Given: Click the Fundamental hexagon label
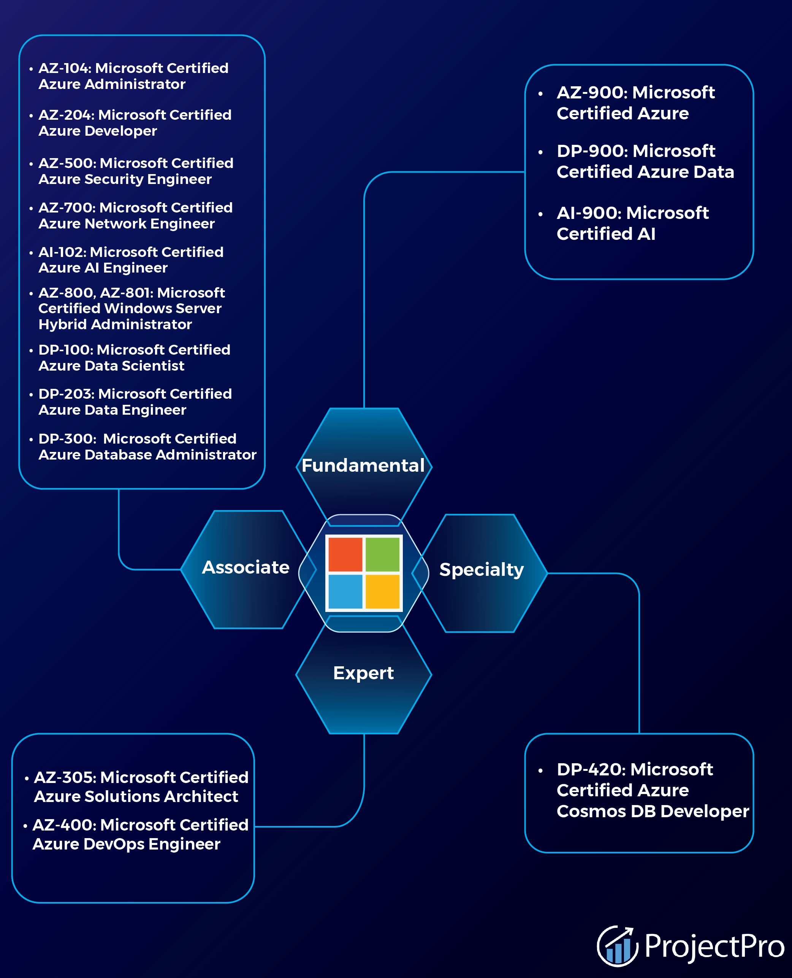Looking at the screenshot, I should coord(363,466).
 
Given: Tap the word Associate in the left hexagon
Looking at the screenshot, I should coord(246,567).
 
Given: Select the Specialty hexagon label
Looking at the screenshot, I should coord(481,569).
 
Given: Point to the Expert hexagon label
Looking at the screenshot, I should coord(363,673).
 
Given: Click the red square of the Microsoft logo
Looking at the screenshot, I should coord(345,555).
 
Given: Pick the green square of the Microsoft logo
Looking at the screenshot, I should coord(382,555).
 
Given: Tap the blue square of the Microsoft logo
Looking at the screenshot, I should coord(345,591).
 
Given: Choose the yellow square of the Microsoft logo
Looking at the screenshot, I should coord(382,591).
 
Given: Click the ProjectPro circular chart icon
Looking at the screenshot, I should coord(617,946).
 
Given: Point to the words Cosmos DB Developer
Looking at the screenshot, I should coord(653,812).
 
